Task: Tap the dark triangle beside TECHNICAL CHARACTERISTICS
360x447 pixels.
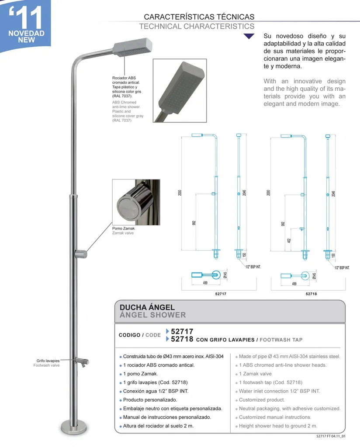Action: point(249,37)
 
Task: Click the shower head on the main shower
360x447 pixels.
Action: point(133,46)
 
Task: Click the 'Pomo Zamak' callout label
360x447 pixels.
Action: point(124,228)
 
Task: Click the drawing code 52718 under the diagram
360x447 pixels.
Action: point(311,294)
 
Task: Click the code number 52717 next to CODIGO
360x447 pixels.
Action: point(182,331)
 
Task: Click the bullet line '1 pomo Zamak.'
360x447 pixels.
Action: point(140,374)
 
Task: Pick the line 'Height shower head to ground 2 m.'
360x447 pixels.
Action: point(278,426)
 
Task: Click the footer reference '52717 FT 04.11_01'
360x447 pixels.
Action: point(331,436)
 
